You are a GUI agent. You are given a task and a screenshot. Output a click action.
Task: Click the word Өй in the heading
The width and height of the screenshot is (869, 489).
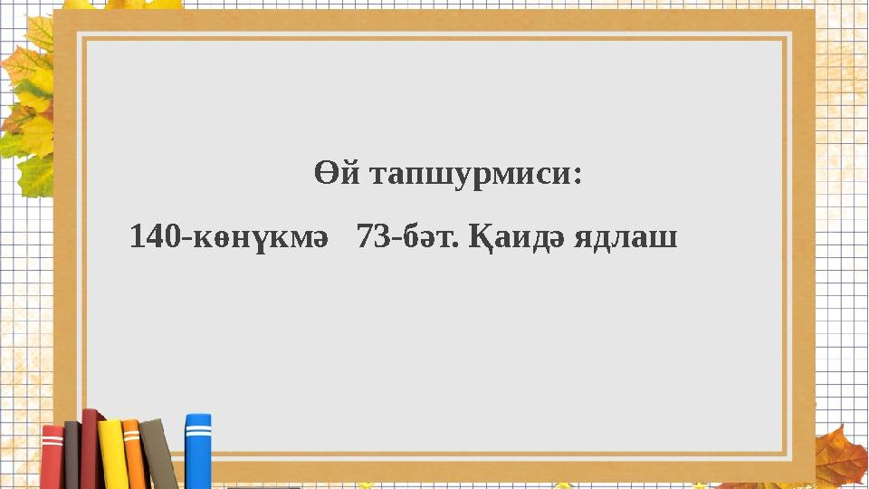[x=332, y=174]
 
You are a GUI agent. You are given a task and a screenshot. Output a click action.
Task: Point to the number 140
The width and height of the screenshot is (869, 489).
[x=154, y=238]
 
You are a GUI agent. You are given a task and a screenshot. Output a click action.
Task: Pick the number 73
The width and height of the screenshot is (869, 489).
[x=373, y=238]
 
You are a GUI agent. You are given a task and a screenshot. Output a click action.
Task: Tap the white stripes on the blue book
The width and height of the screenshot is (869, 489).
[x=198, y=433]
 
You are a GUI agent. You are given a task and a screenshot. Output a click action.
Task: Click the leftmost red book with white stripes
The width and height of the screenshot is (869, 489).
[x=53, y=456]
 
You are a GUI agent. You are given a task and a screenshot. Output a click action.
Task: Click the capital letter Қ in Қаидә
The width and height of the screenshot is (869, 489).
[x=484, y=240]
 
